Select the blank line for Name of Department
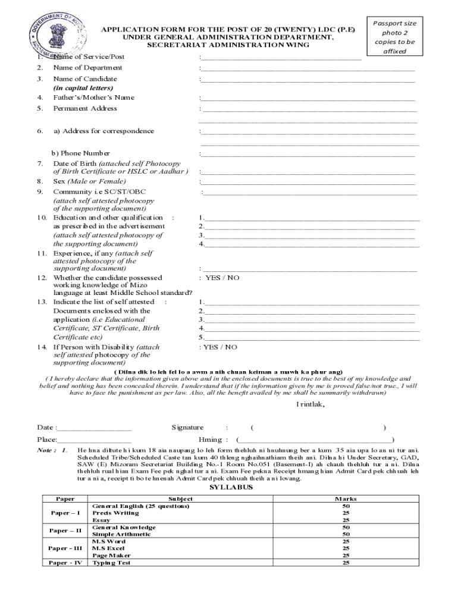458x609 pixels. tap(308, 70)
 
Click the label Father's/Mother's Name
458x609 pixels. tap(94, 98)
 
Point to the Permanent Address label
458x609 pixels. tap(85, 108)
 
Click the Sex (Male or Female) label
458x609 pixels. tap(89, 181)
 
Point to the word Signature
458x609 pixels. tap(187, 428)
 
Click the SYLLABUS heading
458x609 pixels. tap(231, 488)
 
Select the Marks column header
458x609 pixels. tap(346, 499)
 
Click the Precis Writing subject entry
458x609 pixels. tap(117, 513)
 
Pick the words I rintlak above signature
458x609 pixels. tap(311, 406)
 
